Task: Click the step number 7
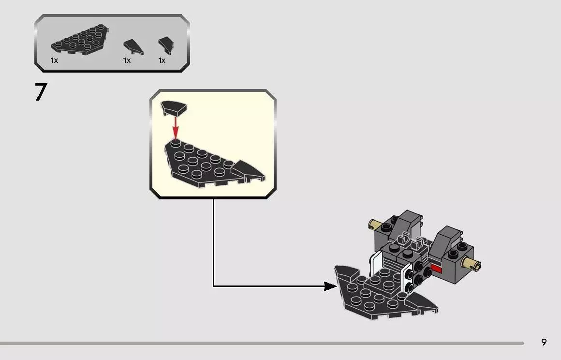[41, 92]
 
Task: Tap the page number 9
[544, 342]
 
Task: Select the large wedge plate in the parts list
[80, 40]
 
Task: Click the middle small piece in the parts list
[133, 47]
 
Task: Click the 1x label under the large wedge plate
[54, 60]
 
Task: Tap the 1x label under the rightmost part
[162, 60]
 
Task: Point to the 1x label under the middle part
[127, 60]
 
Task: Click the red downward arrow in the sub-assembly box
[175, 127]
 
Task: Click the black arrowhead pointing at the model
[330, 286]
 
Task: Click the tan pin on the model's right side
[471, 264]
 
